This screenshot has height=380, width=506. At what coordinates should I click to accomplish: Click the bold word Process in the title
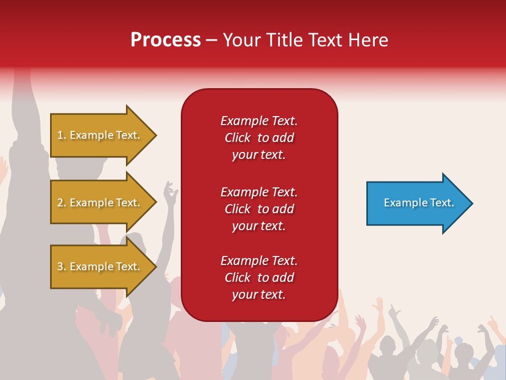[x=166, y=40]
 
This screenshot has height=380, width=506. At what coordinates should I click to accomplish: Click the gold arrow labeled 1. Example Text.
[x=100, y=135]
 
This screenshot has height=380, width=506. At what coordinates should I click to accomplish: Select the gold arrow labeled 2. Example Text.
[x=100, y=203]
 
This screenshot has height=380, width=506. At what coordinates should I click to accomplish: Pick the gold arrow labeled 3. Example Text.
[x=100, y=267]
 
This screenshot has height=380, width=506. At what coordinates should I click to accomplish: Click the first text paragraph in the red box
[x=259, y=138]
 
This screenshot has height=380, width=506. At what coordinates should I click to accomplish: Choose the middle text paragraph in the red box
[x=259, y=209]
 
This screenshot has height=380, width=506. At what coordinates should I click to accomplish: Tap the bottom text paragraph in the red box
[x=259, y=278]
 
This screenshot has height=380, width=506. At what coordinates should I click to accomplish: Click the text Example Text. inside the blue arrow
[x=419, y=203]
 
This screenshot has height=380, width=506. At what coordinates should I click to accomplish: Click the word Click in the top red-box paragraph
[x=238, y=138]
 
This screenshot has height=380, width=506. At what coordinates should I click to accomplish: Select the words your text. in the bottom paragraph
[x=259, y=294]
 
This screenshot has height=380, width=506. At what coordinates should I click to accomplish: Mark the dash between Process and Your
[x=211, y=40]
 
